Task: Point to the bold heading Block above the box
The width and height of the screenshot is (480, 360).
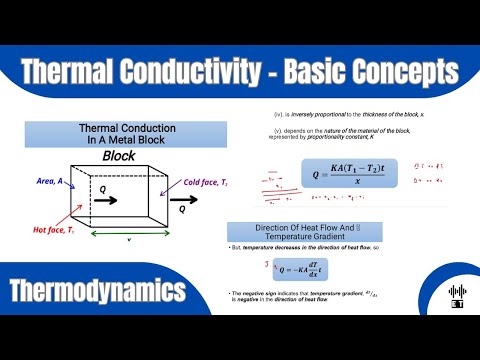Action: pos(119,157)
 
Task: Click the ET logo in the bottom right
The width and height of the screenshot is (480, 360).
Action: pos(456,298)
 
